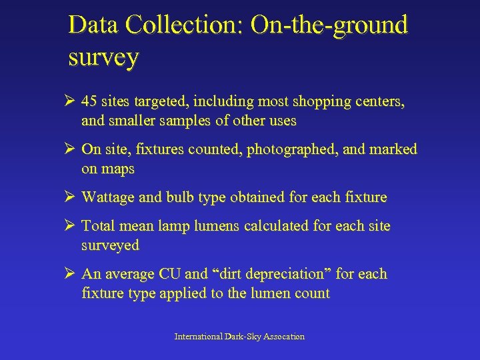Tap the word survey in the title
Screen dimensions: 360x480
(103, 57)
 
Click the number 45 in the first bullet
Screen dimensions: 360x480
(89, 102)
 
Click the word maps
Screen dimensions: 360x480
(117, 169)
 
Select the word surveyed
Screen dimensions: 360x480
(110, 245)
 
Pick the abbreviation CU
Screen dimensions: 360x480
(169, 274)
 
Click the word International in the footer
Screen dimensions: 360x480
(198, 337)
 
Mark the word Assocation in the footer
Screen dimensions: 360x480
(285, 337)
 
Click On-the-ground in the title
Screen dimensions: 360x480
(328, 25)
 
